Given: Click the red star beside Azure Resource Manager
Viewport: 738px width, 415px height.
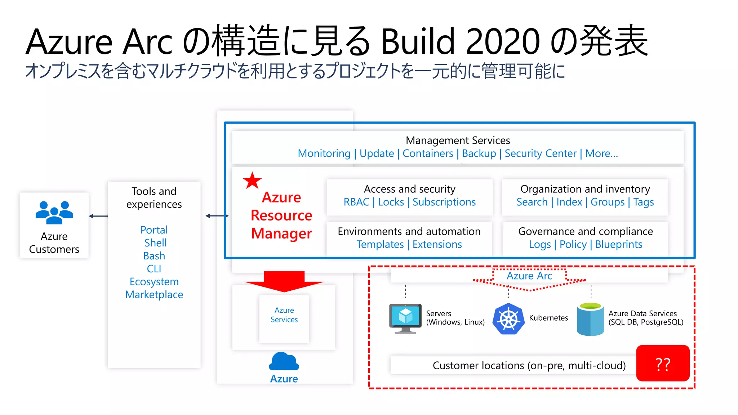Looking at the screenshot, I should pos(252,181).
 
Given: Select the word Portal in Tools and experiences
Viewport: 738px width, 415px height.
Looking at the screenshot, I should pos(154,230).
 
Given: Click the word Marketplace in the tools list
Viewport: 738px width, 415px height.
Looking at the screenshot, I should pos(154,295).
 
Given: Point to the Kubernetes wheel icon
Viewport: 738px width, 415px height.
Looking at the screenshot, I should pos(508,319).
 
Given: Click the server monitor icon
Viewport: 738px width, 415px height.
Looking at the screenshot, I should pos(405,318).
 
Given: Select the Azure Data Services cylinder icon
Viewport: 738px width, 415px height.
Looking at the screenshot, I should pos(590,319).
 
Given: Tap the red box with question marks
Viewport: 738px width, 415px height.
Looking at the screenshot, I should pos(663,363).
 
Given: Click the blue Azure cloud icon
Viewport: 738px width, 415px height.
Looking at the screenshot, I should pos(284,361).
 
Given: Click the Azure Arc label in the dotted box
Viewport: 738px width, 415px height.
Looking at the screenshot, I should pos(529,276).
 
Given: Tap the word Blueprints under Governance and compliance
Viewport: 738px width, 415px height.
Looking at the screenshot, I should pos(618,245).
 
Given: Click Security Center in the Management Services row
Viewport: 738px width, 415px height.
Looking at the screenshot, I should pos(540,154).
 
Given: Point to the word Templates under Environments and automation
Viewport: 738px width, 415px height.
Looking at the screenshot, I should pos(380,245).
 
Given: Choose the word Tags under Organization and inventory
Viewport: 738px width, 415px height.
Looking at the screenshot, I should pos(643,202).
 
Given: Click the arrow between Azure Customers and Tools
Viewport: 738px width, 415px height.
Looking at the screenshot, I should pos(98,216).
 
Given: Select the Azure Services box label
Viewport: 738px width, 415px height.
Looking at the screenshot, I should pos(284,315).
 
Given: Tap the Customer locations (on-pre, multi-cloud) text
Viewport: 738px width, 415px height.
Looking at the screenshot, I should pos(529,366).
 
